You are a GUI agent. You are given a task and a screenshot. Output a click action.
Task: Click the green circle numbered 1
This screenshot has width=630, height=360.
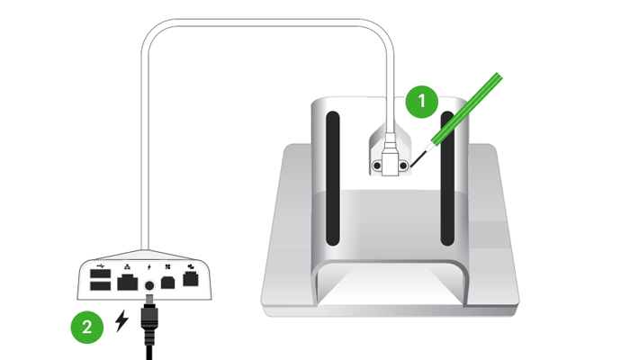[x=421, y=102]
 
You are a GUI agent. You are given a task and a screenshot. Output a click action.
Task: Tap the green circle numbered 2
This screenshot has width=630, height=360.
[x=87, y=327]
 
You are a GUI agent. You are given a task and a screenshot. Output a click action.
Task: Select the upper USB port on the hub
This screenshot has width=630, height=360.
[x=101, y=274]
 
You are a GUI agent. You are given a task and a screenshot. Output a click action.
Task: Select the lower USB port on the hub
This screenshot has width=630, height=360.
[x=101, y=285]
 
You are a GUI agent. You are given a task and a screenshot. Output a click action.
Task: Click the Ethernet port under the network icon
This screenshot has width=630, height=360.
[x=128, y=282]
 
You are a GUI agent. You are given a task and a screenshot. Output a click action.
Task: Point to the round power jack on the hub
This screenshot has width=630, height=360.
[x=149, y=285]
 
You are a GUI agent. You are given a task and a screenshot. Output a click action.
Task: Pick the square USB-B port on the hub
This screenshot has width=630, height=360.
[x=167, y=283]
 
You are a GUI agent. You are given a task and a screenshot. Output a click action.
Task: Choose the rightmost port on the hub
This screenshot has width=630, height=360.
[x=191, y=279]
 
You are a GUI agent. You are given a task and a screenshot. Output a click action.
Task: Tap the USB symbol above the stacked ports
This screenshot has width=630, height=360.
[x=101, y=265]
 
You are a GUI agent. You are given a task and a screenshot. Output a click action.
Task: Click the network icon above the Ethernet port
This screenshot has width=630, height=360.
[x=128, y=265]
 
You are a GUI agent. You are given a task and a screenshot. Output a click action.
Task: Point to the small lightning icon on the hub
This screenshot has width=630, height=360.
[x=149, y=266]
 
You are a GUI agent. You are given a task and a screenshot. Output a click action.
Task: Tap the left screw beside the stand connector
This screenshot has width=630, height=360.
[x=377, y=166]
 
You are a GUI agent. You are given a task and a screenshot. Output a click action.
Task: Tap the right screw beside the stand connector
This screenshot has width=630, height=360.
[x=403, y=166]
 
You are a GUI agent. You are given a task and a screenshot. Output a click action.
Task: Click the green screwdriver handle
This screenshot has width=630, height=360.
[x=467, y=109]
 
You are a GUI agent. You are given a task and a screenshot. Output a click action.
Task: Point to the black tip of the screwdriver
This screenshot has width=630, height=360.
[x=417, y=158]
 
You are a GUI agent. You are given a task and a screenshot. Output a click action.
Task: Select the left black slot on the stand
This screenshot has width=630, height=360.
[x=333, y=178]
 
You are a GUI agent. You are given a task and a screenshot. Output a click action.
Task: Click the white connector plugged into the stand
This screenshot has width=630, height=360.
[x=390, y=156]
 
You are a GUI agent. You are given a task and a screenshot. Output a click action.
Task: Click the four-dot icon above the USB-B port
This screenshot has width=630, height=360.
[x=167, y=266]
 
